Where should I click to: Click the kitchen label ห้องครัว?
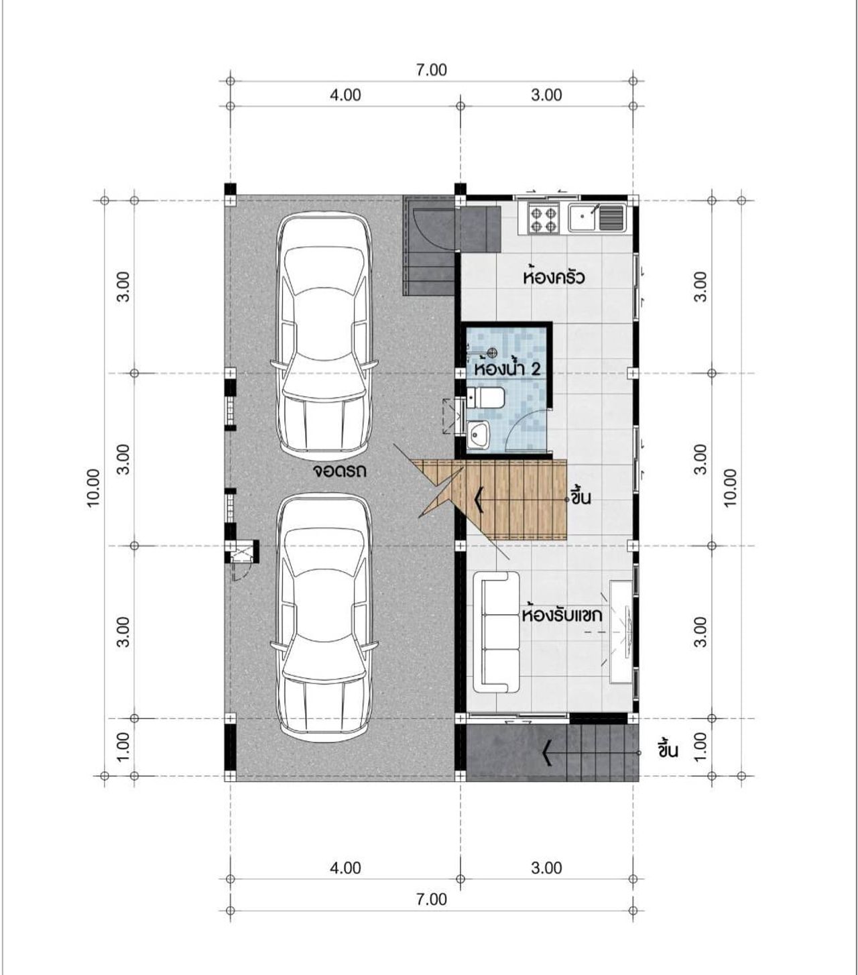(x=554, y=277)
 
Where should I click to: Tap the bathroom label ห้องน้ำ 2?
(x=507, y=369)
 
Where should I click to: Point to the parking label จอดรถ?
(x=339, y=470)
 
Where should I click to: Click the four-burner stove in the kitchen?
(x=543, y=219)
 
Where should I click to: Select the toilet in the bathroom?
(x=485, y=398)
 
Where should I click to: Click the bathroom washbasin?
(x=478, y=435)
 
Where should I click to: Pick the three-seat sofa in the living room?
(x=497, y=632)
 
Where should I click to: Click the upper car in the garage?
(x=323, y=337)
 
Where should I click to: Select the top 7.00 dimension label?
(x=432, y=70)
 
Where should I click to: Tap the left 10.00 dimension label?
(x=93, y=488)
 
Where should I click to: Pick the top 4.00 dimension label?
(x=345, y=95)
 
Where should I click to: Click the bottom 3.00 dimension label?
(x=546, y=868)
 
